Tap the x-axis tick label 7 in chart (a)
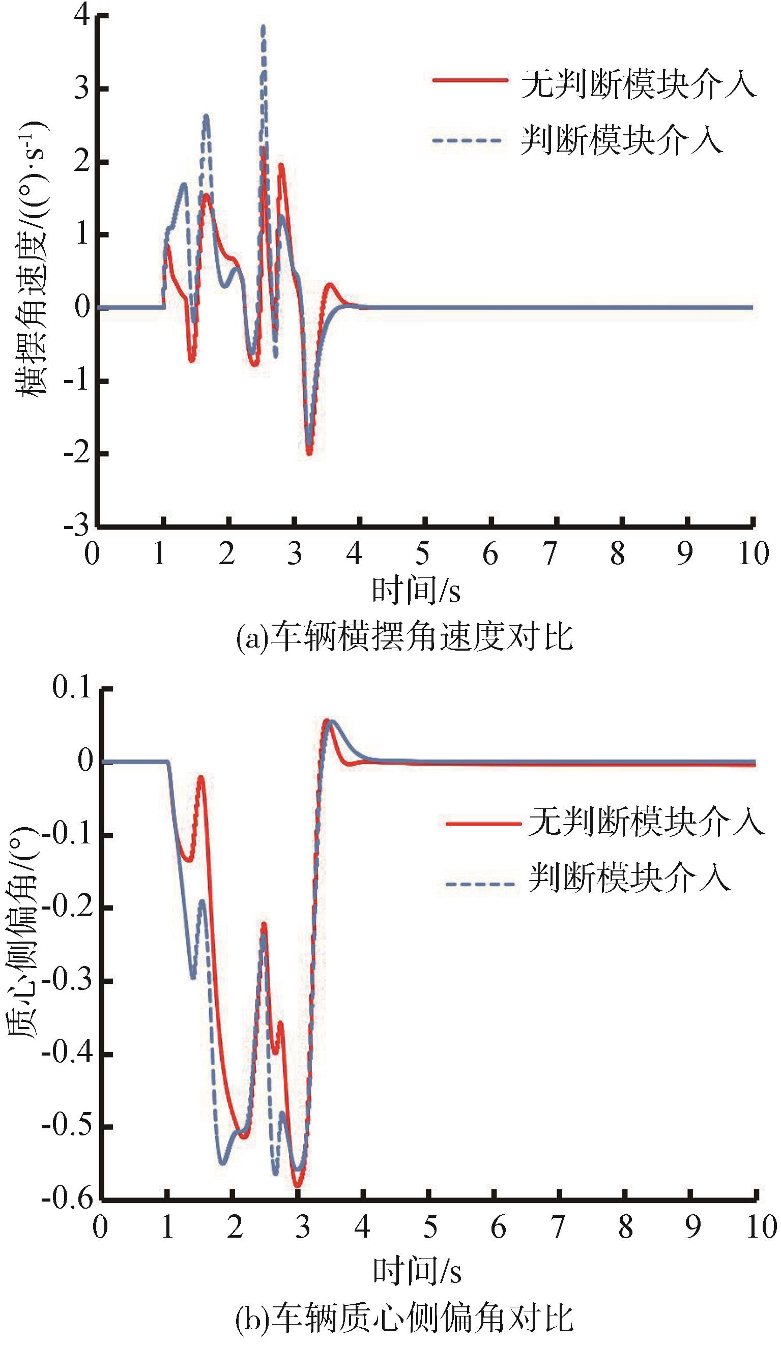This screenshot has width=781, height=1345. click(551, 553)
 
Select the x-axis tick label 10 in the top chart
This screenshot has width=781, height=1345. click(753, 553)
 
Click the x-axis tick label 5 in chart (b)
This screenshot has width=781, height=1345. click(430, 1227)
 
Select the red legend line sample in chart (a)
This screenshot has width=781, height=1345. click(470, 80)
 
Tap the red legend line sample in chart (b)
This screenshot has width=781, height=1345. click(483, 824)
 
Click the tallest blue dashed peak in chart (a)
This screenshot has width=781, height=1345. click(263, 26)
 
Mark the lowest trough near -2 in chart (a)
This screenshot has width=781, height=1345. click(309, 453)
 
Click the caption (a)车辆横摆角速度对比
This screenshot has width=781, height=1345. click(404, 637)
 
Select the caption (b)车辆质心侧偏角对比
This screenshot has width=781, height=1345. click(404, 1315)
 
